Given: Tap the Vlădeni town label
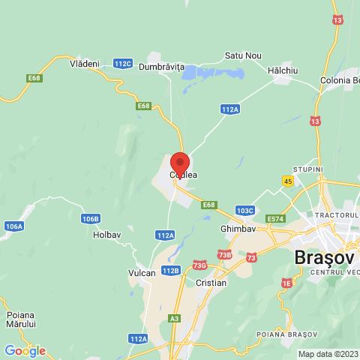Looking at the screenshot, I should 84,64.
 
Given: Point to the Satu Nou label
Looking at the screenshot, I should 243,55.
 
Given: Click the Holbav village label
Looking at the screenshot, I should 106,235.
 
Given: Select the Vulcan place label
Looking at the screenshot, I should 142,273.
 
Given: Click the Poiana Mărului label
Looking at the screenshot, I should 21,320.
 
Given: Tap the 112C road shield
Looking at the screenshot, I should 123,64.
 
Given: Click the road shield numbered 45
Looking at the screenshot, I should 288,181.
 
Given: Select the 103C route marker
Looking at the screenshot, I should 244,211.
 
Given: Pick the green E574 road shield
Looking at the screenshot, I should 276,219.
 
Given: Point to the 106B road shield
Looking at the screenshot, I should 90,219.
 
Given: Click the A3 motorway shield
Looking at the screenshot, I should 174,318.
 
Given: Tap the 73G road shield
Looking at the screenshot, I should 199,265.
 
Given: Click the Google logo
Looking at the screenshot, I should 25,350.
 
